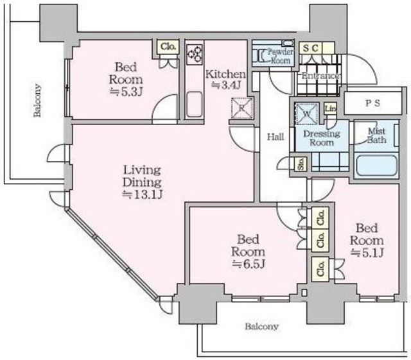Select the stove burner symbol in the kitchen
coord(195,54)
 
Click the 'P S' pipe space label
coord(372,103)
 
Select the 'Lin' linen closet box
coord(330,110)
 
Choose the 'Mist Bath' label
coord(376,135)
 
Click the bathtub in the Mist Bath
coord(375,165)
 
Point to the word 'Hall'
coord(275,136)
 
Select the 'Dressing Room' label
coord(322,138)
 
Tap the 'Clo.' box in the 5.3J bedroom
coord(169,46)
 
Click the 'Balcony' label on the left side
coord(38,101)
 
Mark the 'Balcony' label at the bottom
coord(262,326)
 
